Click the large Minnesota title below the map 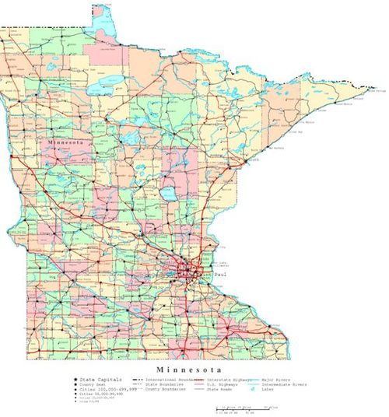(x=191, y=367)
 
